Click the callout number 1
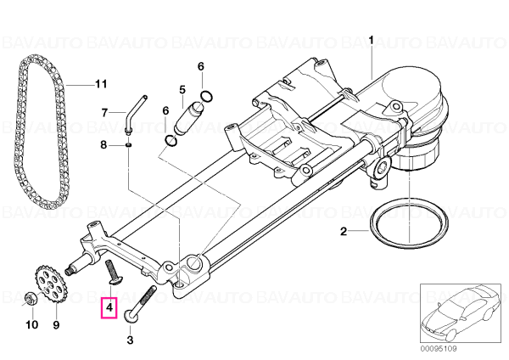pyautogui.click(x=371, y=40)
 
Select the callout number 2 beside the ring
pyautogui.click(x=344, y=231)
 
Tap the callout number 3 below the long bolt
pyautogui.click(x=130, y=340)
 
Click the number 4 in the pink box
pyautogui.click(x=109, y=307)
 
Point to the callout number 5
pyautogui.click(x=182, y=89)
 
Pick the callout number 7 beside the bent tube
pyautogui.click(x=104, y=113)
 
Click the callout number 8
pyautogui.click(x=103, y=144)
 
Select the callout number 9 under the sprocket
pyautogui.click(x=56, y=324)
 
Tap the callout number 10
pyautogui.click(x=32, y=324)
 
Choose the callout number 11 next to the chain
pyautogui.click(x=101, y=84)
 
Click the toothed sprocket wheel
pyautogui.click(x=50, y=284)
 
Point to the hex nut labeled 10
pyautogui.click(x=30, y=298)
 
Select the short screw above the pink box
pyautogui.click(x=112, y=273)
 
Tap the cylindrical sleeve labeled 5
pyautogui.click(x=189, y=117)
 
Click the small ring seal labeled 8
pyautogui.click(x=129, y=144)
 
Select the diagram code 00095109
pyautogui.click(x=439, y=349)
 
